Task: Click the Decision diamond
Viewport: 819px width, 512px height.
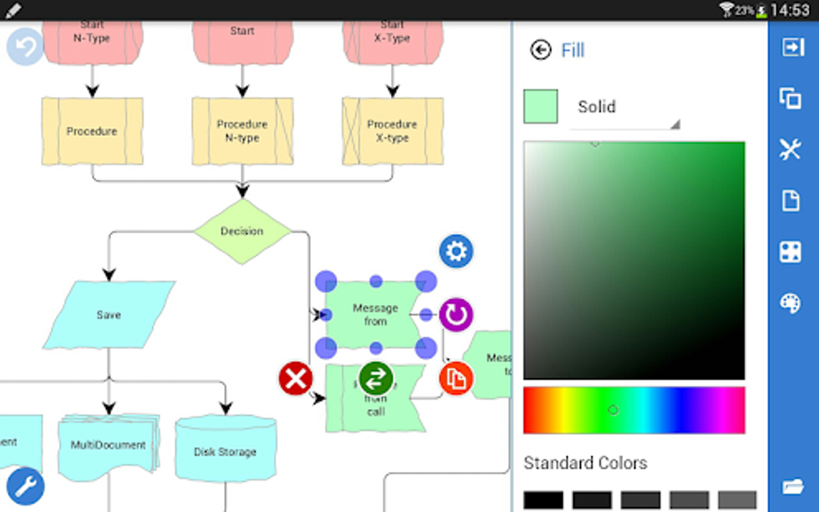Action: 242,231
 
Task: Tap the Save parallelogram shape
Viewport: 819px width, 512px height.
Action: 108,315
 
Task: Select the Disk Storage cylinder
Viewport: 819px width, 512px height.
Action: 225,451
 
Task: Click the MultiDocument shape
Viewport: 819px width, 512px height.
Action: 108,445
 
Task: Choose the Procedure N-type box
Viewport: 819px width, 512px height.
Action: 242,131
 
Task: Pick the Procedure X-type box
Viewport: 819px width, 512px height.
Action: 392,131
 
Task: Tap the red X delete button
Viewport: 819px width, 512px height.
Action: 295,378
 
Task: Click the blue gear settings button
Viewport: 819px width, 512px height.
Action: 456,252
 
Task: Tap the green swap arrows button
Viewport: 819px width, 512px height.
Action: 376,378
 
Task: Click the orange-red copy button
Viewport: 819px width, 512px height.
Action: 455,379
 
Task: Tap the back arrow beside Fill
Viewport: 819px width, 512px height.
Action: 540,50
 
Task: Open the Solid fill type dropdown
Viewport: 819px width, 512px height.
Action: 625,108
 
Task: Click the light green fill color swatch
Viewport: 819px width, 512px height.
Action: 540,107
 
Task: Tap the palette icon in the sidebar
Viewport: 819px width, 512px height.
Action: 791,303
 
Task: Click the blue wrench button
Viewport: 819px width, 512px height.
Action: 25,486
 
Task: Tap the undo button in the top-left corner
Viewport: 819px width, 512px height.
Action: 25,47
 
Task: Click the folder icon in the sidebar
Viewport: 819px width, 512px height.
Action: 793,486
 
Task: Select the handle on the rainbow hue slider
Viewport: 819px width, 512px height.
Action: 613,410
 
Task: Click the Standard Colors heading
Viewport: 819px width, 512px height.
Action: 585,463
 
